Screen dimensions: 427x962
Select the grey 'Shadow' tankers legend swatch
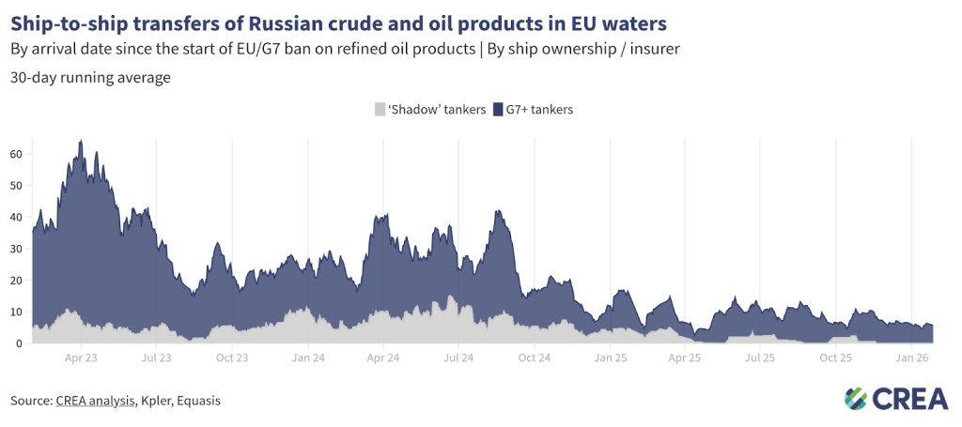click(380, 110)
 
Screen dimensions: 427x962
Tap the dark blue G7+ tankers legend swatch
click(499, 110)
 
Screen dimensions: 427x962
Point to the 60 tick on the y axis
click(15, 153)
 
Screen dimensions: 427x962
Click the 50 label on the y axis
click(15, 185)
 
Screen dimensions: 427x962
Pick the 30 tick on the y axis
click(15, 249)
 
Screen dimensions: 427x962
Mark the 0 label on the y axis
click(18, 343)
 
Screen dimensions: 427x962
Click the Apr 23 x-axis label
click(82, 358)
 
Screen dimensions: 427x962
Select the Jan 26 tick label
click(912, 358)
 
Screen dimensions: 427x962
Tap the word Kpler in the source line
click(154, 401)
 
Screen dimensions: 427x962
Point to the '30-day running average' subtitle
click(90, 78)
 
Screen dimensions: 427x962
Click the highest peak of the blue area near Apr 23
click(81, 141)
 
